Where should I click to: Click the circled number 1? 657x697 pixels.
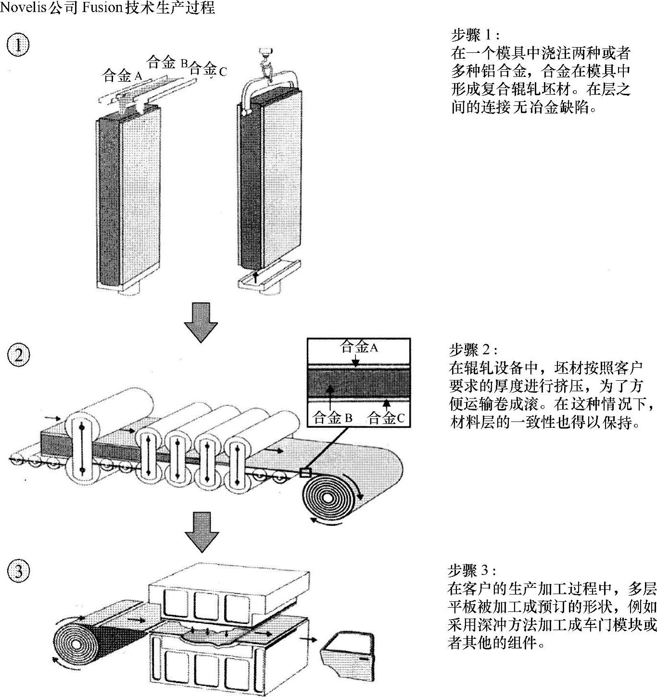pyautogui.click(x=18, y=45)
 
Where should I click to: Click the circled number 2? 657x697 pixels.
pyautogui.click(x=18, y=355)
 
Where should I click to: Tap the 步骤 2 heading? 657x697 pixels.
pyautogui.click(x=473, y=350)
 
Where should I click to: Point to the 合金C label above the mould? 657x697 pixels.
pyautogui.click(x=208, y=69)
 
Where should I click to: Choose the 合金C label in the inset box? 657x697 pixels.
pyautogui.click(x=386, y=418)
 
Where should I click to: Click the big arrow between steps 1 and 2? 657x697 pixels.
pyautogui.click(x=201, y=322)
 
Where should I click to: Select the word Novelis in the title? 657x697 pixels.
pyautogui.click(x=23, y=8)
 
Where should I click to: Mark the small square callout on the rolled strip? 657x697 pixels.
pyautogui.click(x=305, y=473)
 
